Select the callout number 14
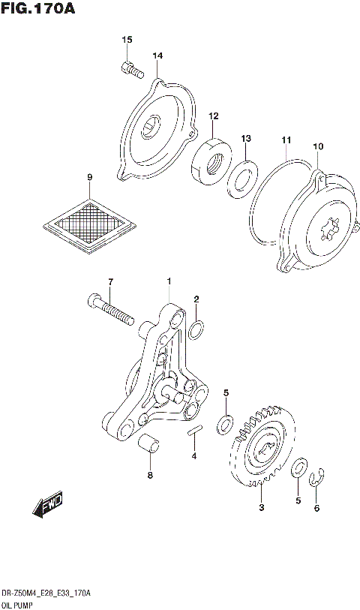click(157, 56)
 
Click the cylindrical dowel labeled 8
click(148, 444)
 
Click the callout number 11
click(286, 140)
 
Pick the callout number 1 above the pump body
click(169, 281)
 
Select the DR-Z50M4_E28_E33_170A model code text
click(46, 593)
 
